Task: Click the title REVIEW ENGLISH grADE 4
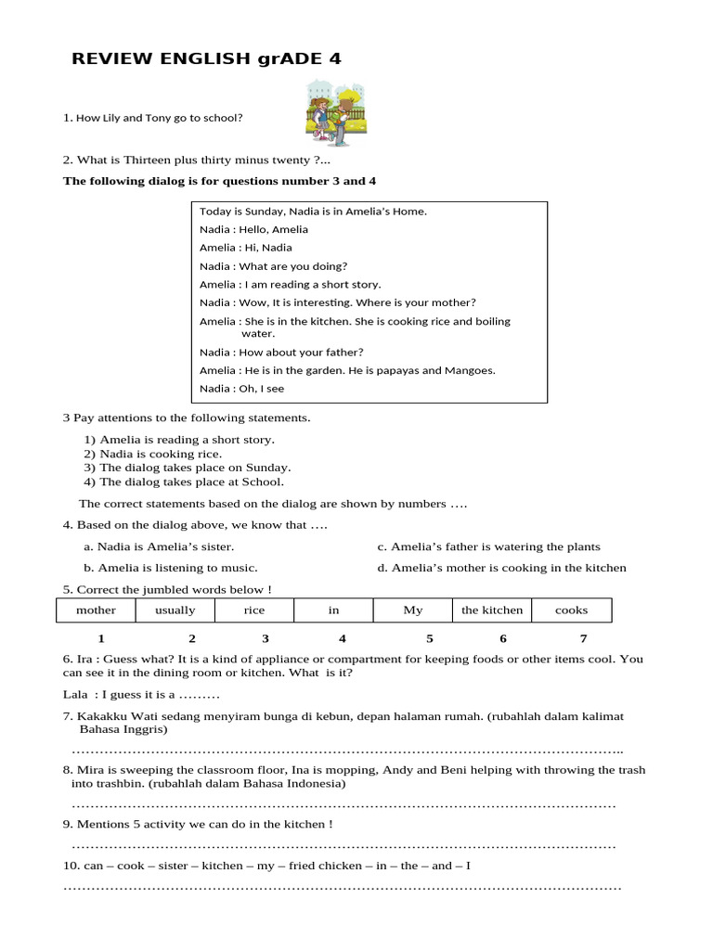206,59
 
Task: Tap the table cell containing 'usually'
175,610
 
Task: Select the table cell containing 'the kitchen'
492,610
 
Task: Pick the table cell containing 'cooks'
571,610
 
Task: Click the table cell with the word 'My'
413,610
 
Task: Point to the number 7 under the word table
583,638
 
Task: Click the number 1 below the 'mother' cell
101,638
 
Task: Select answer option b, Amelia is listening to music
171,568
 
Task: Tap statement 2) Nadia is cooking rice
153,454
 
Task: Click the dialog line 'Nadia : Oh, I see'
241,389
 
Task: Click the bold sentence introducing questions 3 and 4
219,181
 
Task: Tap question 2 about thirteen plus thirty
196,160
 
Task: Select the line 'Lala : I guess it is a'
141,694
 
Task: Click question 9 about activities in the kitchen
198,824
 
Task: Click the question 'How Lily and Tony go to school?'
153,118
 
